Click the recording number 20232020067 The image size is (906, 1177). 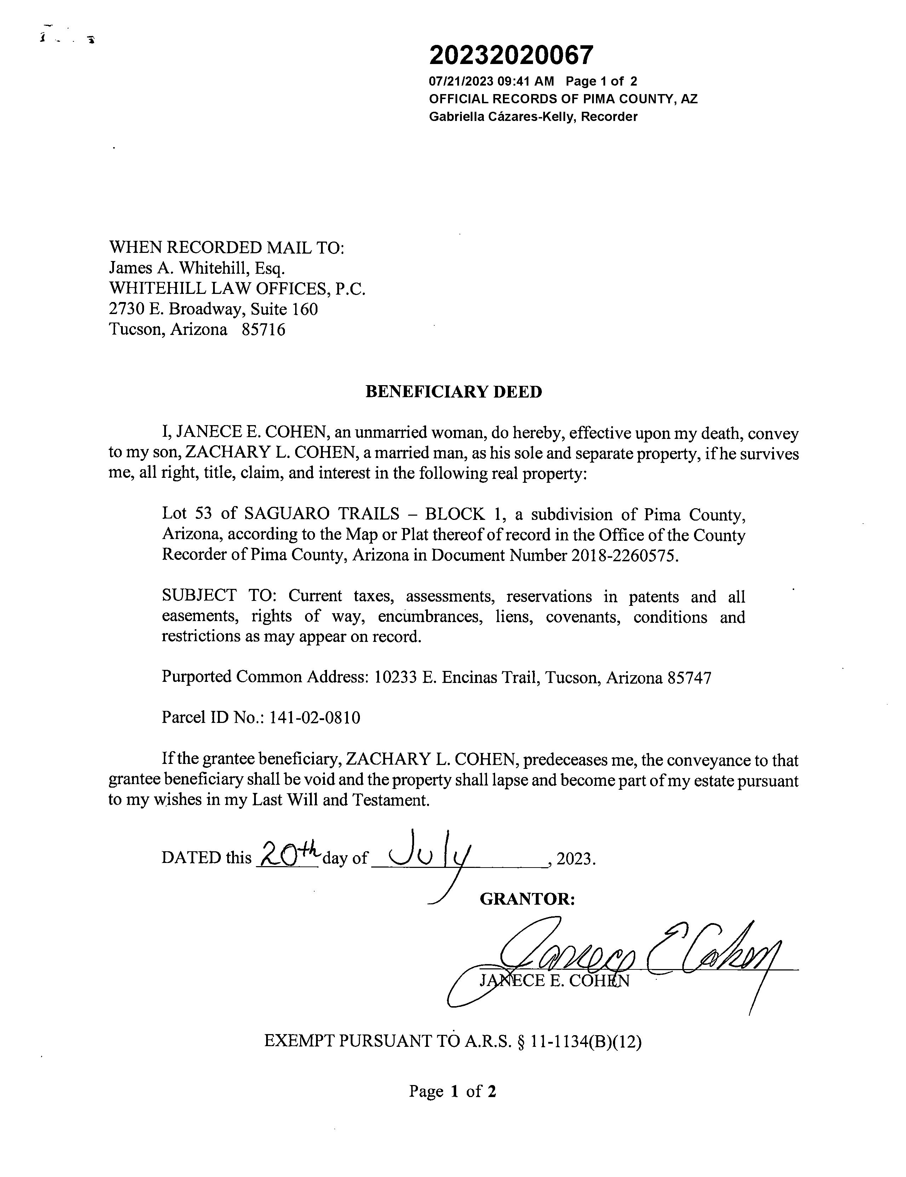(511, 55)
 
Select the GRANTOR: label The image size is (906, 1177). (527, 899)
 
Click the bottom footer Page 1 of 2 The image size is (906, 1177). (452, 1091)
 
